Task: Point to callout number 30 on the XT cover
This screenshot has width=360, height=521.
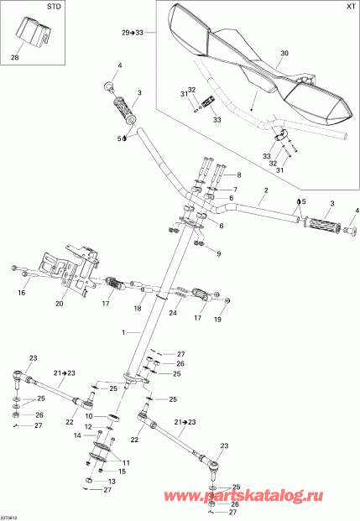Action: [284, 53]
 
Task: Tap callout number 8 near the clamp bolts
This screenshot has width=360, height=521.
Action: [237, 175]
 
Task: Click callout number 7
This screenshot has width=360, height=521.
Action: [235, 190]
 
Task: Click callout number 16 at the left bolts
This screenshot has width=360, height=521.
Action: [23, 294]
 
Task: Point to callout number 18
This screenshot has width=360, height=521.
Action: [137, 309]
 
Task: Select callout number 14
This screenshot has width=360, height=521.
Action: [76, 436]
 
